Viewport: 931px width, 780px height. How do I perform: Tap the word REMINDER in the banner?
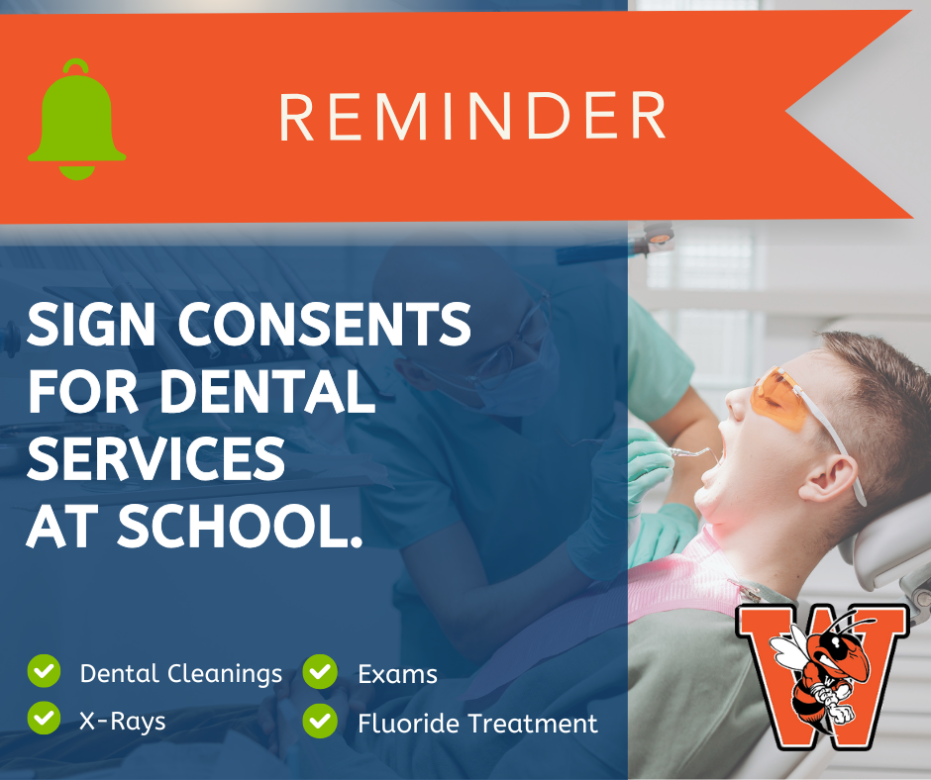point(472,117)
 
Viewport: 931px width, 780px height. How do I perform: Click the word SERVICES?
point(155,459)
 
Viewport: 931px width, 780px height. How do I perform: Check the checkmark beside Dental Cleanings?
point(44,672)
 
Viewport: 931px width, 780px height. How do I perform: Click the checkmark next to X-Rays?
point(44,719)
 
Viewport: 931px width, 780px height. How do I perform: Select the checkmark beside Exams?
point(320,672)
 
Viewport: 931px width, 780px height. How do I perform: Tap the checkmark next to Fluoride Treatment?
point(320,721)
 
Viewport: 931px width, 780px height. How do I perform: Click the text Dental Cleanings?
point(181,674)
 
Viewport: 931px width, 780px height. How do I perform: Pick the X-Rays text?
point(123,721)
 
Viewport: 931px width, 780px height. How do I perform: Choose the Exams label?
point(397,675)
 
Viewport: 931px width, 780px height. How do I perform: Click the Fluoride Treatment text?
point(477,724)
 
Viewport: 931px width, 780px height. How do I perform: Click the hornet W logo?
point(821,674)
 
